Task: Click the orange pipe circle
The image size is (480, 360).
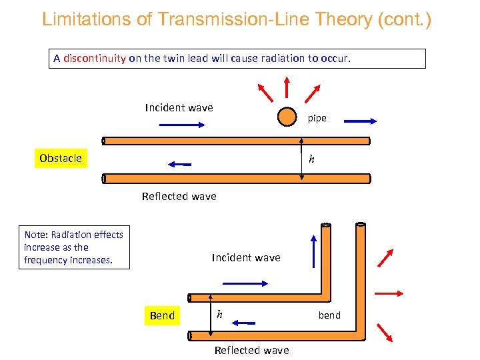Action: pyautogui.click(x=287, y=117)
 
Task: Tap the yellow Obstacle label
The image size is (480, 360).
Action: pyautogui.click(x=61, y=158)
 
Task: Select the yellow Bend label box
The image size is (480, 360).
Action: pyautogui.click(x=162, y=315)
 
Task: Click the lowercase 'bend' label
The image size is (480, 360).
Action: pyautogui.click(x=329, y=315)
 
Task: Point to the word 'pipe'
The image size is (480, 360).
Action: pyautogui.click(x=317, y=118)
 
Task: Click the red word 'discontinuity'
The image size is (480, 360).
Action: pyautogui.click(x=95, y=58)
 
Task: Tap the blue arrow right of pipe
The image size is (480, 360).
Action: pyautogui.click(x=361, y=121)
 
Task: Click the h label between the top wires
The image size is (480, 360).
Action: pyautogui.click(x=311, y=159)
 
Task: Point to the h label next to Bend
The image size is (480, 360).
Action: pyautogui.click(x=219, y=314)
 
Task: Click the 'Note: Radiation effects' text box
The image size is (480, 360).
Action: pyautogui.click(x=74, y=247)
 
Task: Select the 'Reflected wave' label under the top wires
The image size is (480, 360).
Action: pyautogui.click(x=179, y=196)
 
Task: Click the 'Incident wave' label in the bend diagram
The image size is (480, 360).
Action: pyautogui.click(x=246, y=257)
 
